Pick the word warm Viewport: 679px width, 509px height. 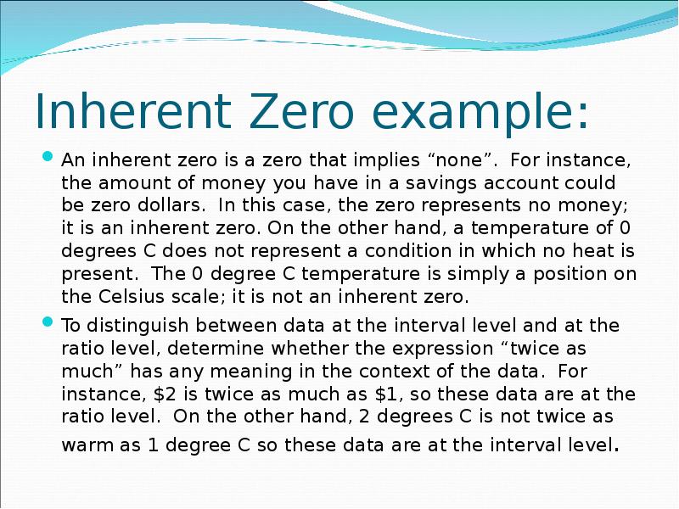pos(85,445)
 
